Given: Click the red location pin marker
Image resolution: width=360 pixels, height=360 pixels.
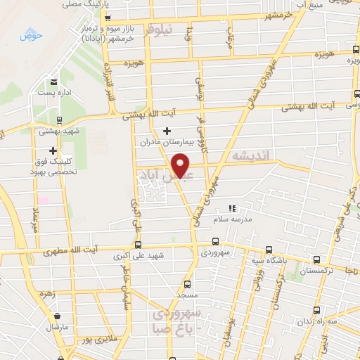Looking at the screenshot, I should (x=183, y=165).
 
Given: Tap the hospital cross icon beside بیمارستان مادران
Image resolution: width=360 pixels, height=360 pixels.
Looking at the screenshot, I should (x=167, y=131).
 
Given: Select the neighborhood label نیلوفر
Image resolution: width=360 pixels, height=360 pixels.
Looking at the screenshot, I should (x=158, y=30).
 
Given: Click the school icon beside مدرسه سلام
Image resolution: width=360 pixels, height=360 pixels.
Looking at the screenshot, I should (x=233, y=209).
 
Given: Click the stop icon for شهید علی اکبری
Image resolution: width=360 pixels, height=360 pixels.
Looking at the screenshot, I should (x=138, y=245).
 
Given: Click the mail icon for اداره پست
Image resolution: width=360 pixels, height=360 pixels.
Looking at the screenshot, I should (x=55, y=83).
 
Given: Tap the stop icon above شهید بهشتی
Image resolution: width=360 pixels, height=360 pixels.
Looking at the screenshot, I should (x=59, y=120).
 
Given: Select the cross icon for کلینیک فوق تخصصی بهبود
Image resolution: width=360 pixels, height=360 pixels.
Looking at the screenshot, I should (x=53, y=150).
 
